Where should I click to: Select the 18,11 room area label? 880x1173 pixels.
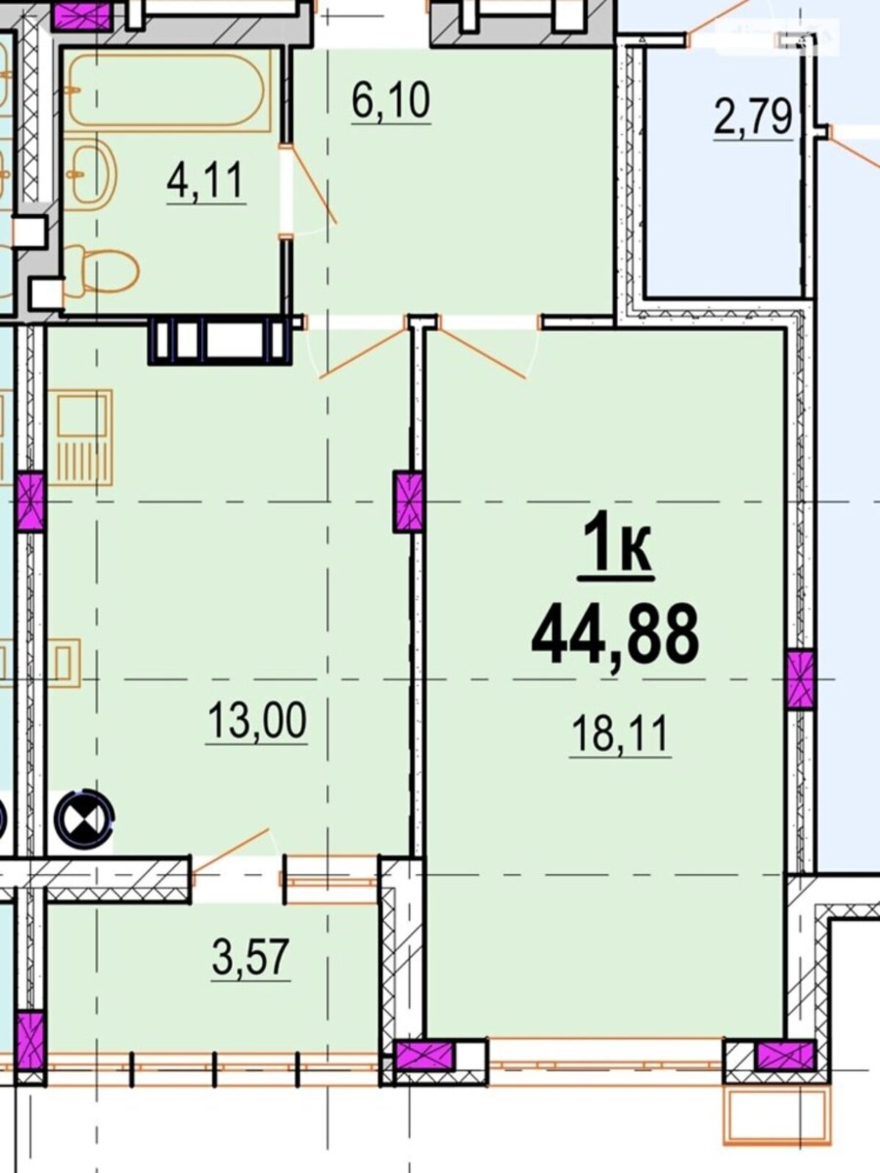pyautogui.click(x=620, y=735)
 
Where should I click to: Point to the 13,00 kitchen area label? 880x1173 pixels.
pyautogui.click(x=257, y=720)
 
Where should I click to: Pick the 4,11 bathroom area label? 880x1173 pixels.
pyautogui.click(x=206, y=180)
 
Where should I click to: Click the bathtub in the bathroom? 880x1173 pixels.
pyautogui.click(x=168, y=90)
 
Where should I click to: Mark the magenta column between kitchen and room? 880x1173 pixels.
pyautogui.click(x=409, y=501)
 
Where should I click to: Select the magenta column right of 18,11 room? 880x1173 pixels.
pyautogui.click(x=800, y=679)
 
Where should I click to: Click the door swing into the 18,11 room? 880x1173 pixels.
pyautogui.click(x=483, y=348)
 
